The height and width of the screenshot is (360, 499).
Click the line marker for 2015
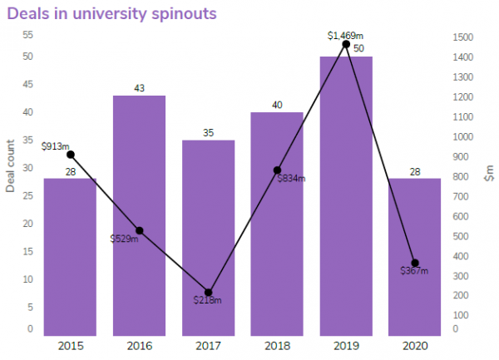click(71, 155)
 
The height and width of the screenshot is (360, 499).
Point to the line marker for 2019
click(346, 44)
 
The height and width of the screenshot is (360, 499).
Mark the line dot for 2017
click(208, 293)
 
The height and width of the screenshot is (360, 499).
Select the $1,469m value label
click(345, 35)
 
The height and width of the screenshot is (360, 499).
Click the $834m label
click(291, 179)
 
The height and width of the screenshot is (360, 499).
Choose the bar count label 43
click(139, 88)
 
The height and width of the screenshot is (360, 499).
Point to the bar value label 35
click(208, 133)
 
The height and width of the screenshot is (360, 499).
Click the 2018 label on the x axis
click(277, 345)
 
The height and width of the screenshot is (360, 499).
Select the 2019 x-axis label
click(346, 345)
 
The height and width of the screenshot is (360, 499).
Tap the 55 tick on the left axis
click(28, 35)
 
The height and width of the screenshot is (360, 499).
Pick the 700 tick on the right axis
click(461, 196)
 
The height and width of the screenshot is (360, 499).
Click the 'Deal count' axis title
click(11, 165)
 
